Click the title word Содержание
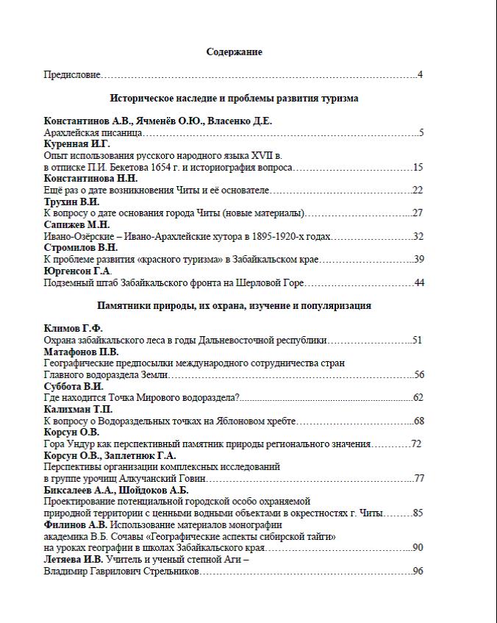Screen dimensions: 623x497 coord(234,52)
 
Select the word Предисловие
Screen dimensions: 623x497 coord(71,75)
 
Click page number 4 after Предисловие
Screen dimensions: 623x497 coord(420,75)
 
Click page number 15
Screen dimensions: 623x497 coord(418,168)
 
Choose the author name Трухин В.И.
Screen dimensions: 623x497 coord(71,202)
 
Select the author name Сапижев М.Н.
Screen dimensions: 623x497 coord(76,224)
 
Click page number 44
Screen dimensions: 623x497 coord(419,282)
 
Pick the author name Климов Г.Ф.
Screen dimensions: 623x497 coord(73,329)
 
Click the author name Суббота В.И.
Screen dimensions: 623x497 coord(74,386)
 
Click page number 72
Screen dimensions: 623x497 coord(416,444)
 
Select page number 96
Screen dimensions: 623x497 coord(418,571)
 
